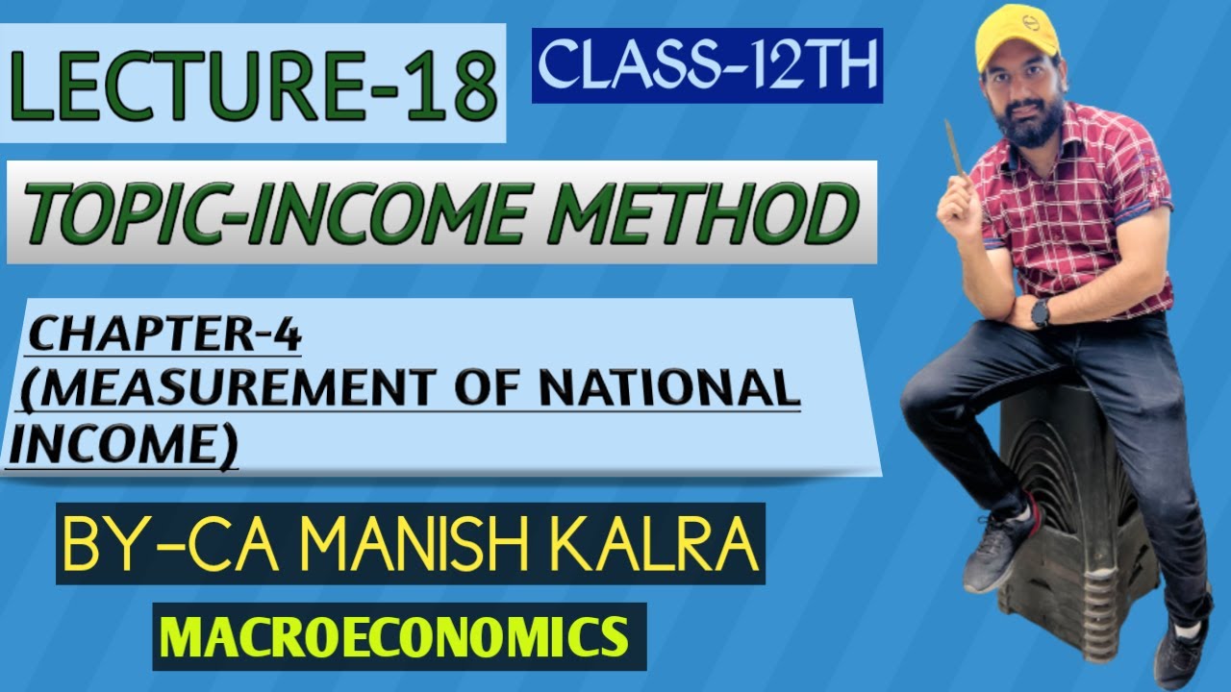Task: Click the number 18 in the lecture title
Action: point(452,87)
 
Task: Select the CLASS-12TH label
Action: point(707,65)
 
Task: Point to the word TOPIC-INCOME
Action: point(260,213)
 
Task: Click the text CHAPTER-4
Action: point(165,336)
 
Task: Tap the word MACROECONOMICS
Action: point(399,637)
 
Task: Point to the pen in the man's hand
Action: point(955,149)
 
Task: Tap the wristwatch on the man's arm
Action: point(1041,311)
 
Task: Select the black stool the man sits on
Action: point(1068,500)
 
